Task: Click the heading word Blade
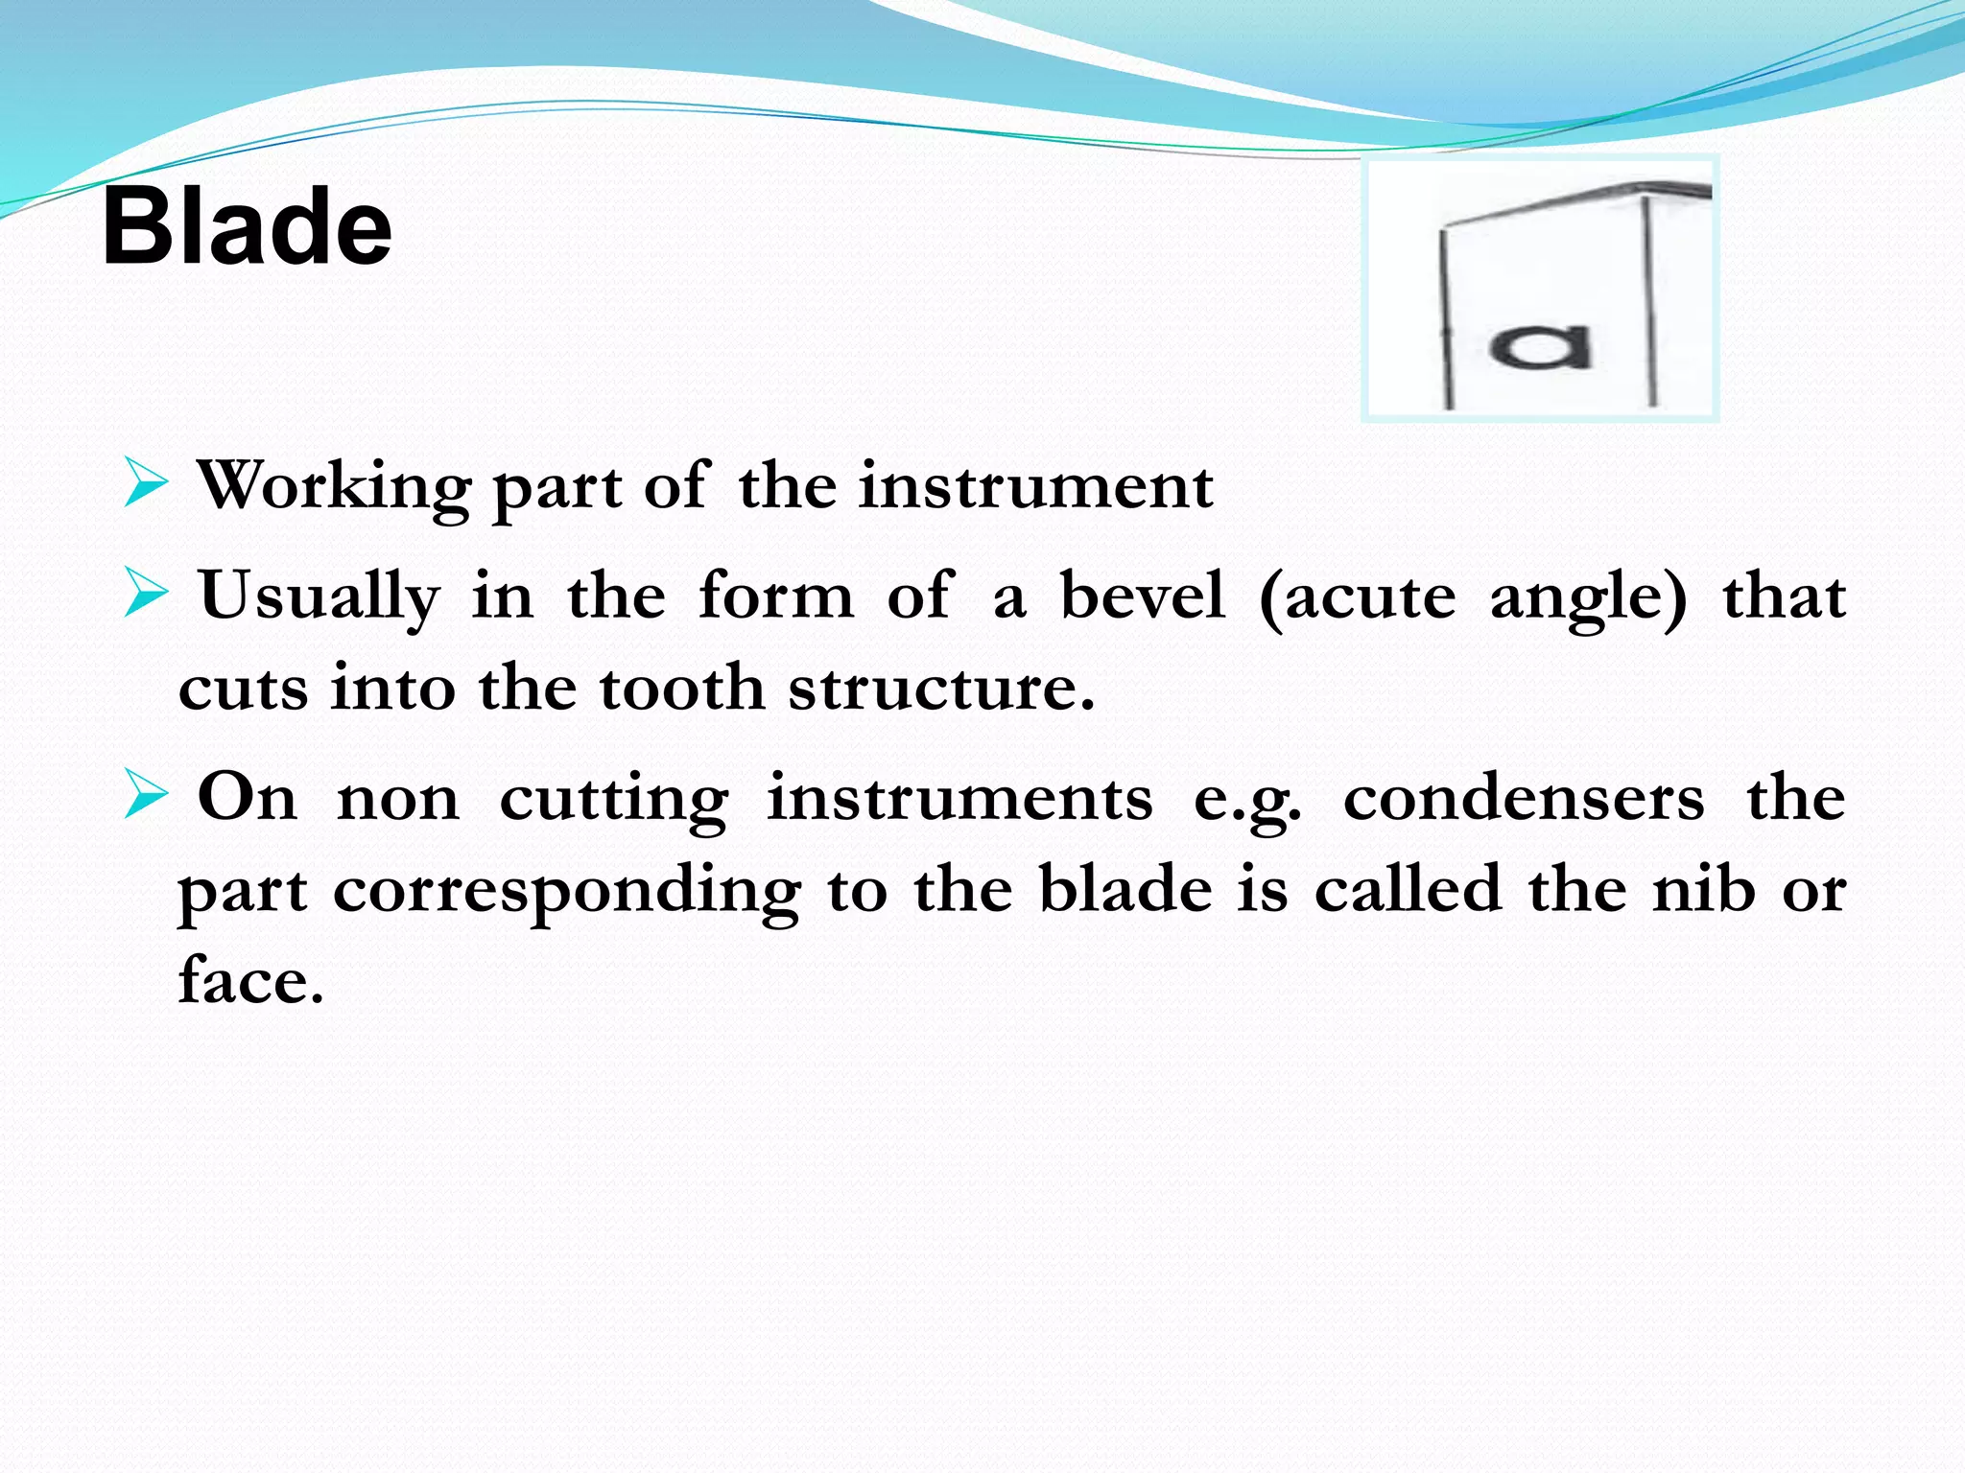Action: coord(247,227)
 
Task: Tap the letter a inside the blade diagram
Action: coord(1539,347)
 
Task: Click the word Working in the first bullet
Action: coord(334,487)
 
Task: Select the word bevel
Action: coord(1142,596)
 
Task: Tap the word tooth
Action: coord(681,689)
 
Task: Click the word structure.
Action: coord(940,689)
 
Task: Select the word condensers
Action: coord(1524,798)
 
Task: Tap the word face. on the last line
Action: coord(251,980)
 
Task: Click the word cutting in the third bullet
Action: coord(614,800)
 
